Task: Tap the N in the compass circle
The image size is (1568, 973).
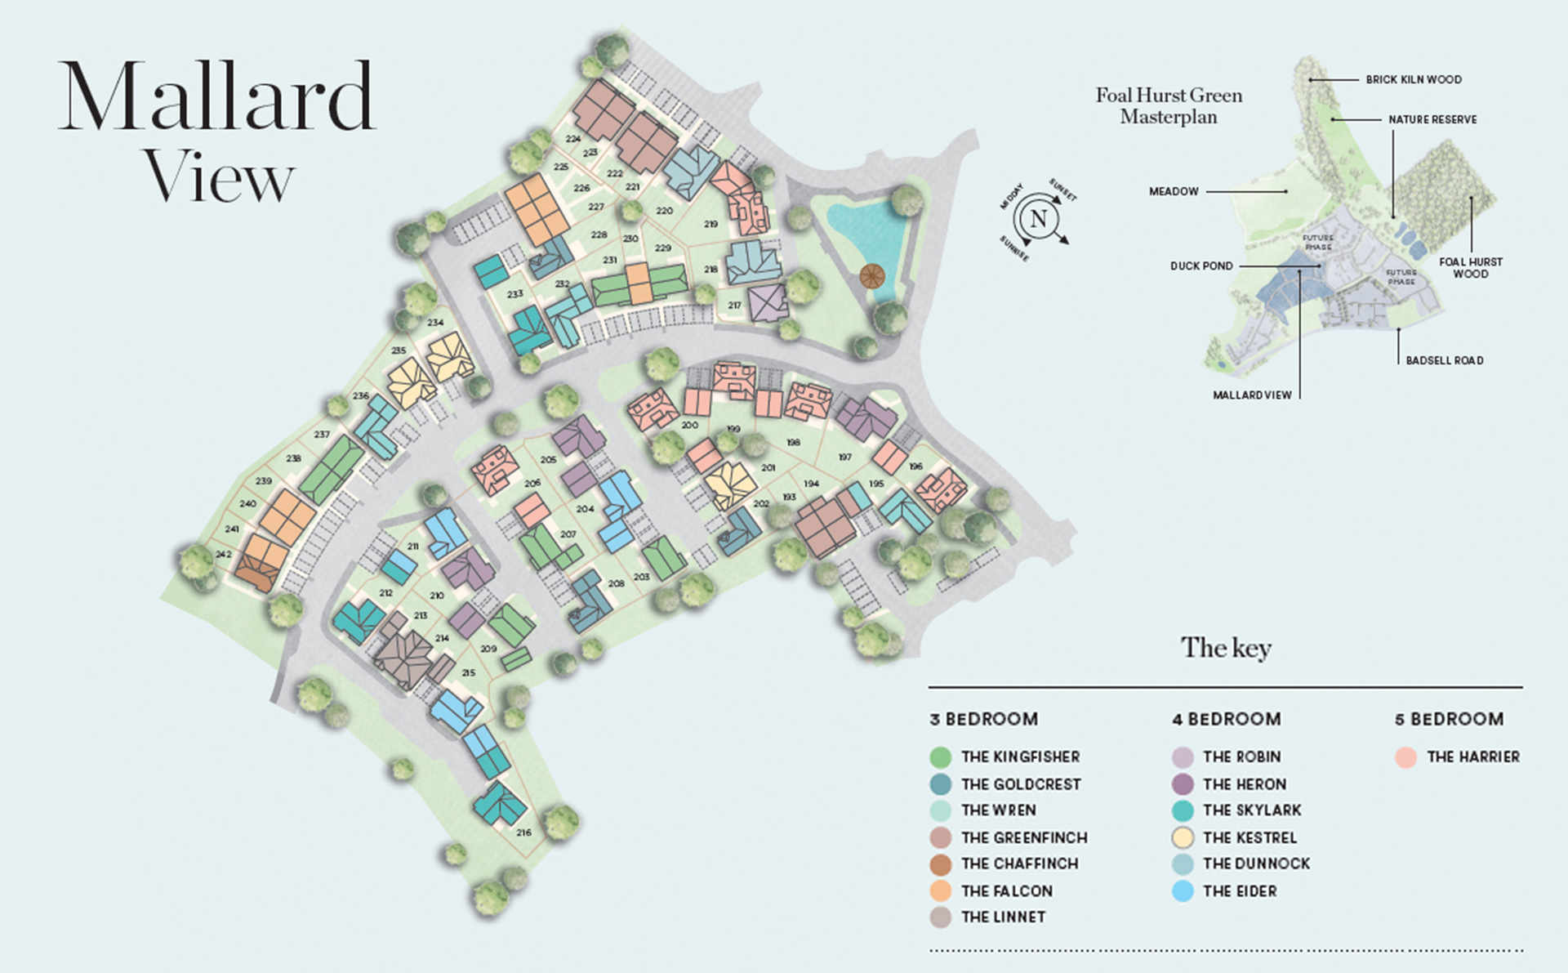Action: (1038, 219)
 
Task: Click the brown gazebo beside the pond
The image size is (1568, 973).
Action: (871, 277)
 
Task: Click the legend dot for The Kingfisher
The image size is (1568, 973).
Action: (940, 757)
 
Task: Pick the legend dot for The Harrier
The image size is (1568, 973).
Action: (1405, 757)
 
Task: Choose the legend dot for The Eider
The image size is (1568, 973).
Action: (1183, 891)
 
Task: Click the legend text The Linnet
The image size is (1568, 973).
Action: (1003, 917)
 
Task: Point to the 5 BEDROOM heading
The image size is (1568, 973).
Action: (1449, 720)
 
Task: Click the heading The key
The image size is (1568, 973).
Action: (1226, 648)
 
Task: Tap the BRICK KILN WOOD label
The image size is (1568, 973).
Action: (1414, 79)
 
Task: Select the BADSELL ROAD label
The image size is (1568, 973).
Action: (1444, 360)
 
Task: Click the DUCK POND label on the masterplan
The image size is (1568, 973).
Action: (1201, 266)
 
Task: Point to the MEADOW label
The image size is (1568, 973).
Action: (1174, 191)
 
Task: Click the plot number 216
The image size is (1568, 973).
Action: (523, 832)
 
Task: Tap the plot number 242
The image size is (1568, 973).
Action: (223, 554)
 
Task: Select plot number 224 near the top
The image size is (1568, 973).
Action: (572, 139)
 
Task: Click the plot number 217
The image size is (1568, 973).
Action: (734, 306)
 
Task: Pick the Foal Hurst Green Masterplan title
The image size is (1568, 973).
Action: (1169, 106)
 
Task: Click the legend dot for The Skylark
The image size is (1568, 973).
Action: (1183, 810)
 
